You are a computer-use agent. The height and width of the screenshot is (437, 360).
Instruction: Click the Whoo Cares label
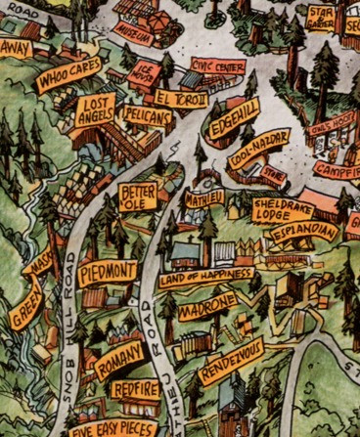click(68, 75)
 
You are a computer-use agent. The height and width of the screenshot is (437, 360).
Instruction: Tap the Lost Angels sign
click(96, 109)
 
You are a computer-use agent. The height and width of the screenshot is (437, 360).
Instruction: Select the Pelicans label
click(149, 116)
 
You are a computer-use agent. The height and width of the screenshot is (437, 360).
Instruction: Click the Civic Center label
click(218, 67)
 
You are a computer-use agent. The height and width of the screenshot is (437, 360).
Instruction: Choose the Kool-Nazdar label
click(259, 149)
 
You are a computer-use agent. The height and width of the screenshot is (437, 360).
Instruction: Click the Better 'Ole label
click(137, 197)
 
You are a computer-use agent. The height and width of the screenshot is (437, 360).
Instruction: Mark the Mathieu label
click(204, 197)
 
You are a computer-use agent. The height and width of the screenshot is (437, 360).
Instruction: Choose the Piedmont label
click(108, 271)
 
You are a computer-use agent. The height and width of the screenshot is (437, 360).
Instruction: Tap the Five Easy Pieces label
click(113, 426)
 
